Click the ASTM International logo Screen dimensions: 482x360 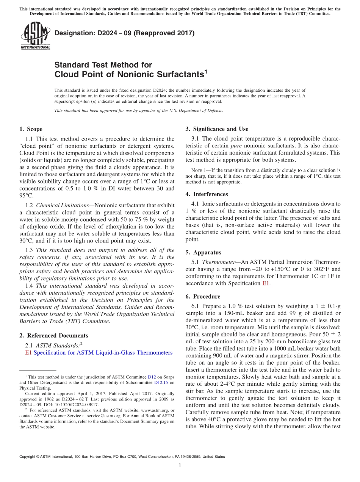tap(35, 36)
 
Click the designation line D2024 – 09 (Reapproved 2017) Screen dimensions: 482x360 tap(124, 33)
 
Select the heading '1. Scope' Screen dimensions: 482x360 tap(31, 129)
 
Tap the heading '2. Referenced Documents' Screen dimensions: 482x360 tap(53, 335)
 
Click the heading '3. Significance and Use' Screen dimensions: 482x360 tap(217, 129)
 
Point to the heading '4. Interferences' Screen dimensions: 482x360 tap(207, 194)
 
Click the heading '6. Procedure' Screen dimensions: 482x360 tap(203, 296)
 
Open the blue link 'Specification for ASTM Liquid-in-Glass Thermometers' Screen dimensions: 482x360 tap(103, 353)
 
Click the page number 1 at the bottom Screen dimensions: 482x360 tap(180, 466)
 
